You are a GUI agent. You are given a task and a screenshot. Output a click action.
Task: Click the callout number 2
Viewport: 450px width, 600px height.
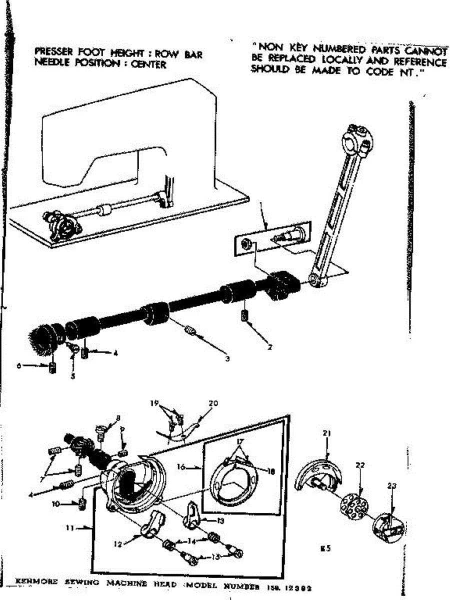[x=269, y=347]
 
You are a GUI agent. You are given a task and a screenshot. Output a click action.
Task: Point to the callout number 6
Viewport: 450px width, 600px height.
[x=19, y=366]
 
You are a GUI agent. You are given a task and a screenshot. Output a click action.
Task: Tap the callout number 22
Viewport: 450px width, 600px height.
[x=360, y=465]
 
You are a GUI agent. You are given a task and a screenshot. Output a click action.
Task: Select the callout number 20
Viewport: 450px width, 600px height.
[x=214, y=403]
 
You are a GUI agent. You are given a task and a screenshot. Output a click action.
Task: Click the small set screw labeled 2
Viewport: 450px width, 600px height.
[x=245, y=317]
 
